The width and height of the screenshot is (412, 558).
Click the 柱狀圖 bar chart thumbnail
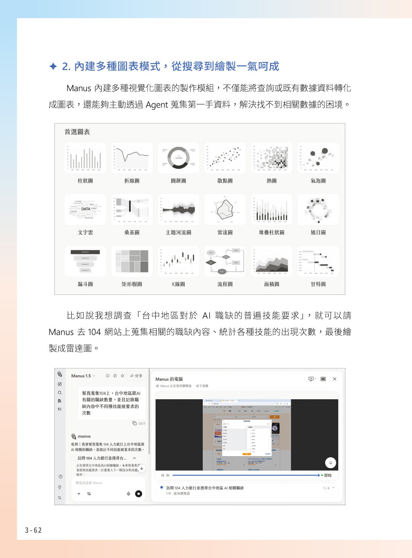coord(85,158)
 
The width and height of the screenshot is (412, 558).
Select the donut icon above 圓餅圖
coord(178,158)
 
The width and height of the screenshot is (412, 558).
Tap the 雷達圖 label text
coord(225,233)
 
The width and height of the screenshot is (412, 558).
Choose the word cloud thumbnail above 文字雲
coord(85,210)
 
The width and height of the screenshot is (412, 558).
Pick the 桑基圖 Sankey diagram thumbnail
coord(132,210)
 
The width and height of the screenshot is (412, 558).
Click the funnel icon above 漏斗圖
coord(85,261)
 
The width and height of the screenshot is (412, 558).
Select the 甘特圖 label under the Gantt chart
coord(318,284)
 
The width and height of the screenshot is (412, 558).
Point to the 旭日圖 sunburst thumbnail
coord(318,210)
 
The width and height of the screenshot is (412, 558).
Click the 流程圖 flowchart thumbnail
coord(225,261)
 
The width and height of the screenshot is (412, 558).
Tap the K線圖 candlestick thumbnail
coord(178,261)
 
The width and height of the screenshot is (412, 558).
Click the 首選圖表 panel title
coord(77,132)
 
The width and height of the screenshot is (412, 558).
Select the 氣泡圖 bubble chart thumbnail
coord(318,158)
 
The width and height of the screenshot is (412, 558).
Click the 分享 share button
coord(136,376)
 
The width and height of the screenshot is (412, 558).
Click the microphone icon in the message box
coord(129,494)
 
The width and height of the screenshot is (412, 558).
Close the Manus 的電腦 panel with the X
coord(335,379)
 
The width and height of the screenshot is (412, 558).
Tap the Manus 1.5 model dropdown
coord(83,376)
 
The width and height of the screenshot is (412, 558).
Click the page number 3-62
coord(33,530)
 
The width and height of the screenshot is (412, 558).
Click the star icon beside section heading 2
coord(53,66)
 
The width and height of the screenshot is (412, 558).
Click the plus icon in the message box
coord(79,494)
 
